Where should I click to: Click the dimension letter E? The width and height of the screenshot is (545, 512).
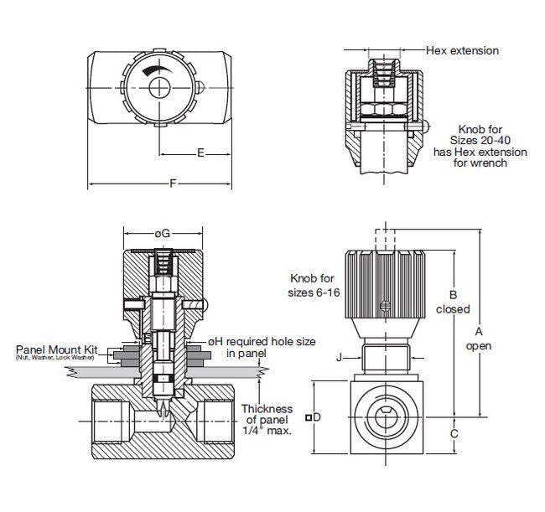(200, 153)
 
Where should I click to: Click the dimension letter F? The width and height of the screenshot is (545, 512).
(174, 184)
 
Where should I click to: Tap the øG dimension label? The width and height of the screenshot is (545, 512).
(163, 232)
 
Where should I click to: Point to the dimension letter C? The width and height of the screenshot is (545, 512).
(454, 433)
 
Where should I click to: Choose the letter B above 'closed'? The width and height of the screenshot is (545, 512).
(453, 294)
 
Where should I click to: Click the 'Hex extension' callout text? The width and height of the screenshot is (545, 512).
(462, 51)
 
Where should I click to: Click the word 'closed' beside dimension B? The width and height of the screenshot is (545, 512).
(454, 309)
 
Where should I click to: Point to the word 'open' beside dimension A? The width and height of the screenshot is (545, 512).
(479, 345)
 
